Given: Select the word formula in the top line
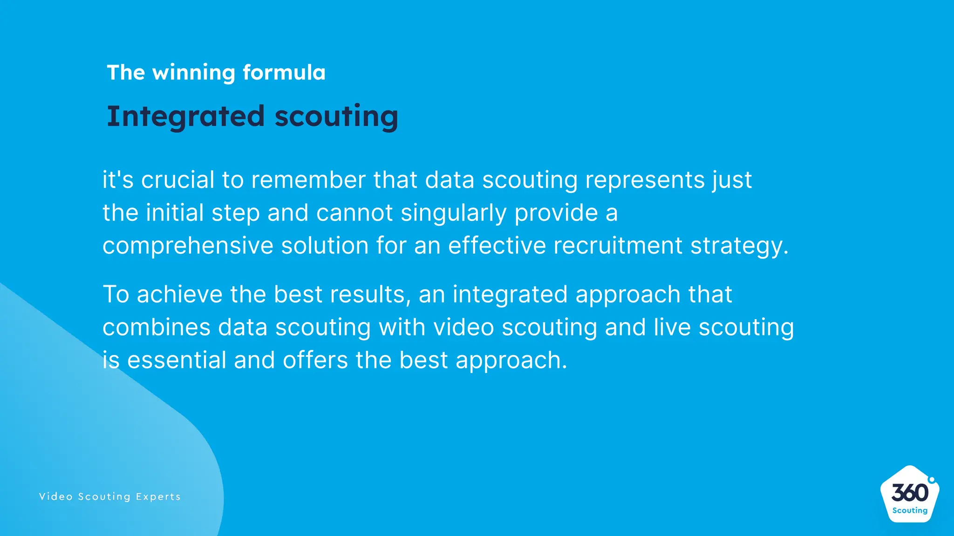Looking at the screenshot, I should tap(284, 73).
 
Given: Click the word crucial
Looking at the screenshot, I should tap(177, 180).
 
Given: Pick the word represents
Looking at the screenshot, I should tap(645, 180).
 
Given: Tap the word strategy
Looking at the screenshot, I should tap(739, 246).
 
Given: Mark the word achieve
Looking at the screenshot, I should tap(179, 295).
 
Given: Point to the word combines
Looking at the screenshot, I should tap(157, 328).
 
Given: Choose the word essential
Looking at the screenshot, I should tap(177, 360).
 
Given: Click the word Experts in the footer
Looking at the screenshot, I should tap(158, 497).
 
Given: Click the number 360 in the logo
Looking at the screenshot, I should tap(910, 493).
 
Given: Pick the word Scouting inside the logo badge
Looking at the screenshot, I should tap(910, 510).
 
